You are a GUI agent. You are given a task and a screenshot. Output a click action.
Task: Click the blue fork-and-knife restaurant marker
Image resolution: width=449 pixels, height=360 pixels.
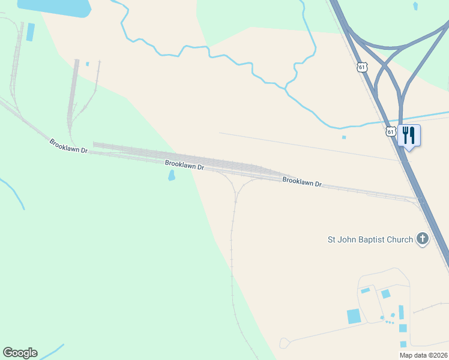[409, 136]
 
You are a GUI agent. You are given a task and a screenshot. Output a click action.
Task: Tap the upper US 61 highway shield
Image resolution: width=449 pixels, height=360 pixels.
[361, 67]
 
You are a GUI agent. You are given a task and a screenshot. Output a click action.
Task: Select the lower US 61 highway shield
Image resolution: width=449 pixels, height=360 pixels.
[391, 131]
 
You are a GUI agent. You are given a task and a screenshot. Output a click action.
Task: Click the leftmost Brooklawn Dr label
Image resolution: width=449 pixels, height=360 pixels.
[69, 146]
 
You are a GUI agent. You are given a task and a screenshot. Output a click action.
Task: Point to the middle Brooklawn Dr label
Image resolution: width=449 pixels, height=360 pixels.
[185, 165]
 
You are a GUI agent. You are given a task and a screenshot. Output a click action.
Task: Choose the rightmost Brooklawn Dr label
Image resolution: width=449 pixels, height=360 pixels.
[302, 182]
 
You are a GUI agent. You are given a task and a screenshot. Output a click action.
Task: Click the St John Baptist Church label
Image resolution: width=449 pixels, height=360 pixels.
[370, 239]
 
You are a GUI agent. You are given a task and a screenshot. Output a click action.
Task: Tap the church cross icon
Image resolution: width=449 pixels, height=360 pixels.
[423, 239]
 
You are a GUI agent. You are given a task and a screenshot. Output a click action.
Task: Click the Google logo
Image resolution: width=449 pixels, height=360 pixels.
[20, 353]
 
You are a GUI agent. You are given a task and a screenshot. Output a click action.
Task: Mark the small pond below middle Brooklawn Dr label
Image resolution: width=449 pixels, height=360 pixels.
[172, 175]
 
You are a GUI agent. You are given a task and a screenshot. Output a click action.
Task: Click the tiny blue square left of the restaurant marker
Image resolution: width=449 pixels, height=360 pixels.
[344, 137]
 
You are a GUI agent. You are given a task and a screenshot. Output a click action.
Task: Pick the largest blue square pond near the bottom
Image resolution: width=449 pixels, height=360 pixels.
[354, 316]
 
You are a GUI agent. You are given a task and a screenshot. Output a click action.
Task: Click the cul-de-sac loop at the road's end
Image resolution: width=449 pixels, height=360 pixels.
[285, 343]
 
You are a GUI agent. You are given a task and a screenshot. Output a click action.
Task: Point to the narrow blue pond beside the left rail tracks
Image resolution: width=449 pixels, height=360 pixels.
[30, 32]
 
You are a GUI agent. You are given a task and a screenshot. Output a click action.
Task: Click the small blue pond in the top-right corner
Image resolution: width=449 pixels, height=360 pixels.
[415, 6]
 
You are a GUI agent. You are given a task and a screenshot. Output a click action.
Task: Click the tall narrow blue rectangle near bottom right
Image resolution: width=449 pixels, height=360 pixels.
[401, 312]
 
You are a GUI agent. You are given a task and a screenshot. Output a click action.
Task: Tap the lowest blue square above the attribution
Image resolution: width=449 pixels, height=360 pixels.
[403, 344]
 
